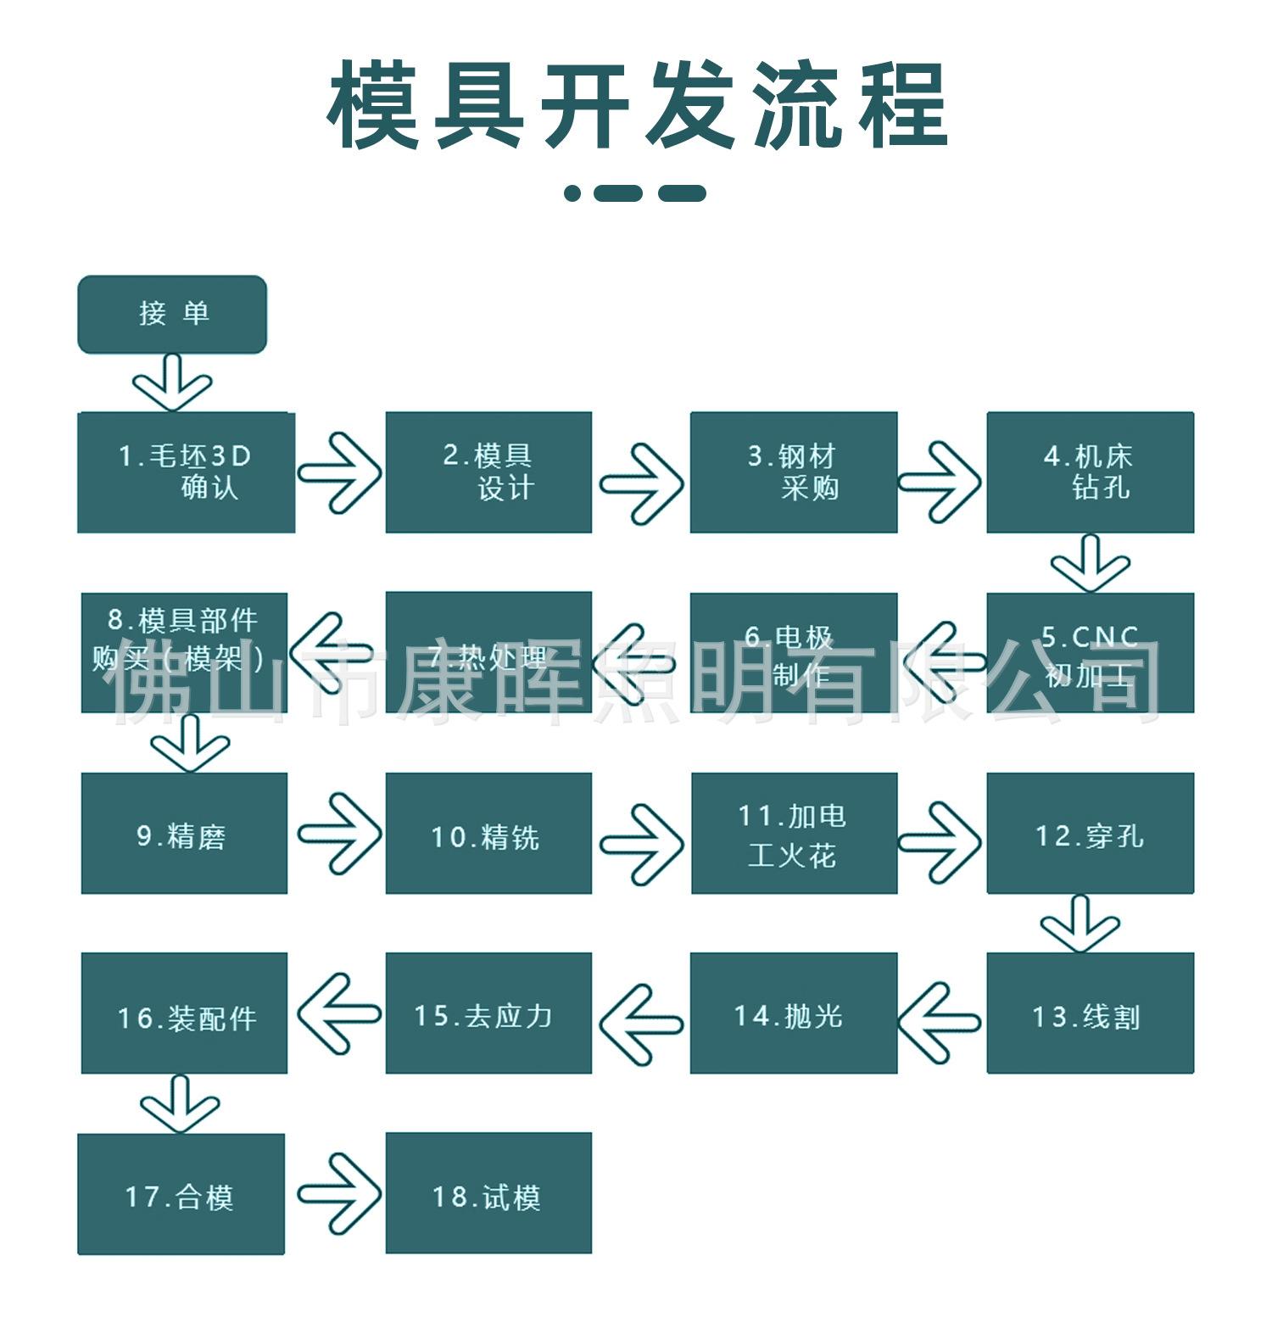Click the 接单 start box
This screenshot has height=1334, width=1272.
pyautogui.click(x=172, y=314)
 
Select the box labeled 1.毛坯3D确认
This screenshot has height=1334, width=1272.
pyautogui.click(x=186, y=472)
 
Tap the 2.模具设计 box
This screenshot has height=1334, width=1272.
pyautogui.click(x=488, y=472)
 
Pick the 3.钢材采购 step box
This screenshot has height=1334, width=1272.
pyautogui.click(x=793, y=472)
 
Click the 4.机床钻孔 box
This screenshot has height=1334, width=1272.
pyautogui.click(x=1090, y=472)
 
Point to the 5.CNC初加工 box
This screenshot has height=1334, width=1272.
pyautogui.click(x=1090, y=653)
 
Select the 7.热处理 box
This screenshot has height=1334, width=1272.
pyautogui.click(x=488, y=653)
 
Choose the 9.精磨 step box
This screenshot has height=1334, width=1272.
pyautogui.click(x=184, y=833)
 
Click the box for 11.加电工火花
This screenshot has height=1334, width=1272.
pyautogui.click(x=794, y=833)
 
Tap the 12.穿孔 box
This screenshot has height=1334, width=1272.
pyautogui.click(x=1090, y=833)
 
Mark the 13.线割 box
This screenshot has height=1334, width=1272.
pyautogui.click(x=1090, y=1013)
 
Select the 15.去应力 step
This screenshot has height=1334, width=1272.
pyautogui.click(x=488, y=1013)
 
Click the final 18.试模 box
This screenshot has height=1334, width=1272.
pyautogui.click(x=488, y=1192)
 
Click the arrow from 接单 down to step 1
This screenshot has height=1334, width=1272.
pyautogui.click(x=172, y=384)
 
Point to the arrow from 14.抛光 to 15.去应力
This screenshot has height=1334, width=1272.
pyautogui.click(x=641, y=1024)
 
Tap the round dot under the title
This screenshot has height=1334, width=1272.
pyautogui.click(x=572, y=193)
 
